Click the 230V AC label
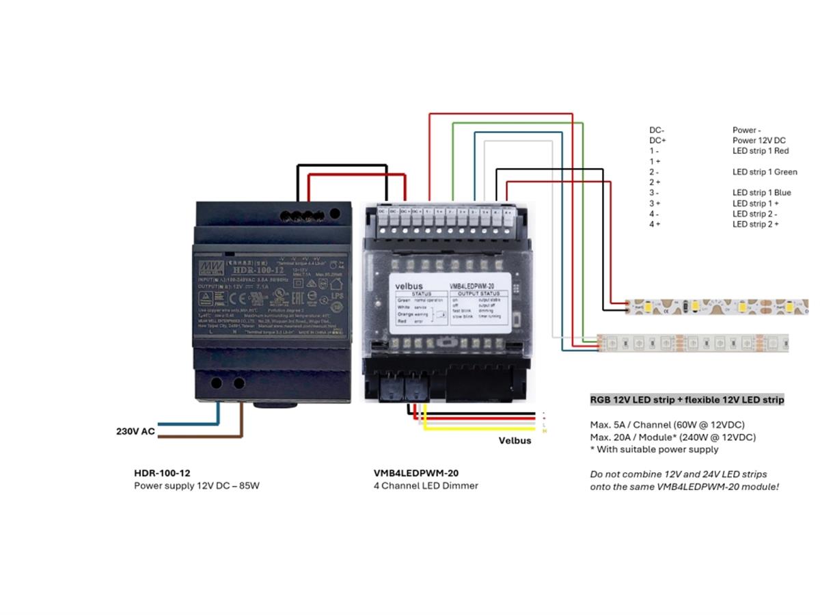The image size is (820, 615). (x=135, y=431)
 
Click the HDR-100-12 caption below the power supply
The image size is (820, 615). (x=162, y=473)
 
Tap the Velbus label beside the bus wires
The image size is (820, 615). (x=515, y=441)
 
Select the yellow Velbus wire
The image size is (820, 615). (x=478, y=429)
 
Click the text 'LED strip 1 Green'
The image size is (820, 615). (x=765, y=172)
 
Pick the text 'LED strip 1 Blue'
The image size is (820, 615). (x=761, y=193)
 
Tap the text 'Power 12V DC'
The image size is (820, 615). (x=759, y=141)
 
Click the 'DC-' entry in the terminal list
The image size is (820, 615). (x=657, y=130)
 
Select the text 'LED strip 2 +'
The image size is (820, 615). (x=755, y=224)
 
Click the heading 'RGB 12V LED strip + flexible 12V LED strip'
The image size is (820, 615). (x=687, y=400)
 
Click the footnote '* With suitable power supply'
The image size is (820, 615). (x=654, y=450)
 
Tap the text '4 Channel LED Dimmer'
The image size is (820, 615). (x=426, y=486)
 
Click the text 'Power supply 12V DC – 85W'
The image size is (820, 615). (x=197, y=486)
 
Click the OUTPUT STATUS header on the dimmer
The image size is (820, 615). (x=479, y=294)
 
